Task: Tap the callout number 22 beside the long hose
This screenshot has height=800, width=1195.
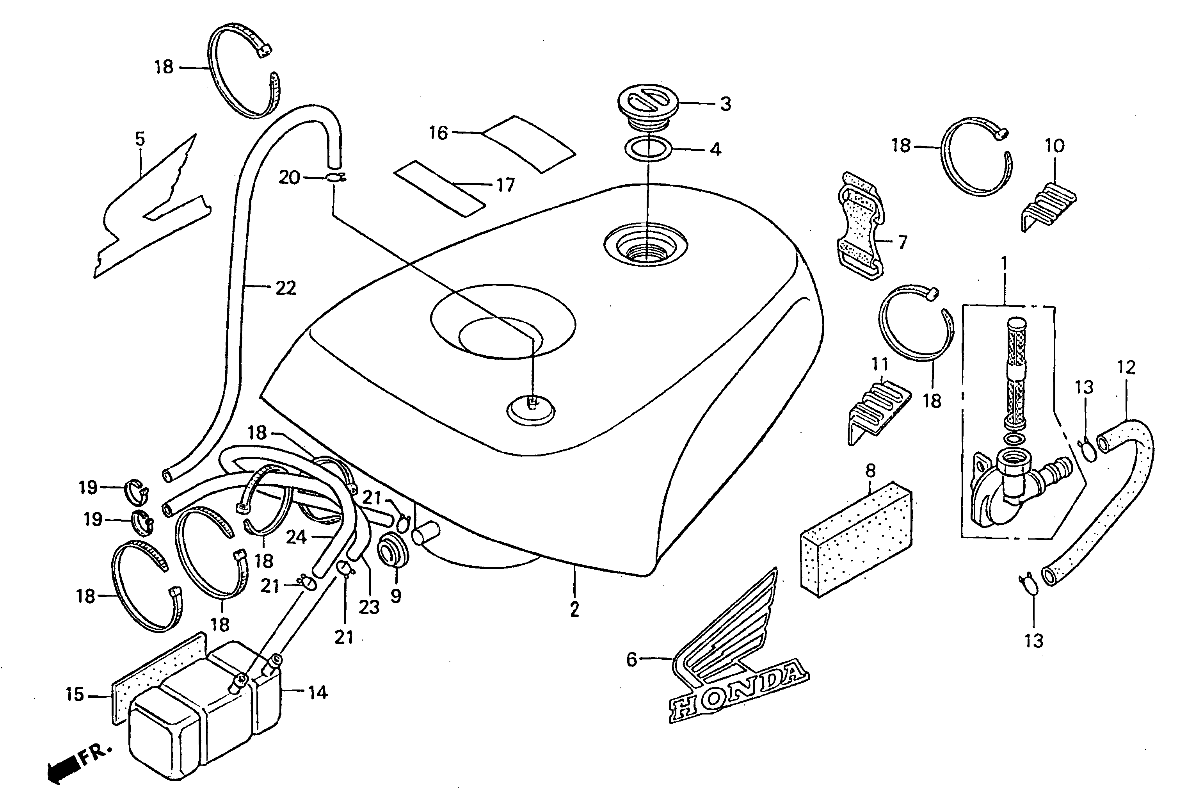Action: pyautogui.click(x=286, y=288)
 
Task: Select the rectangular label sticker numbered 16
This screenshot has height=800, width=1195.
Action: pyautogui.click(x=528, y=143)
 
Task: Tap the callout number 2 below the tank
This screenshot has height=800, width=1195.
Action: pyautogui.click(x=575, y=609)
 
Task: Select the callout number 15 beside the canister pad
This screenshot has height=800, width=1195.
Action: pyautogui.click(x=75, y=695)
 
